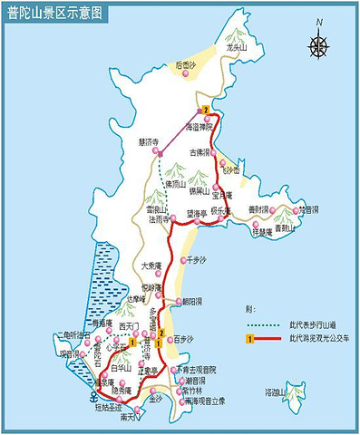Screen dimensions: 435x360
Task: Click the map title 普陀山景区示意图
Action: [55, 12]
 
